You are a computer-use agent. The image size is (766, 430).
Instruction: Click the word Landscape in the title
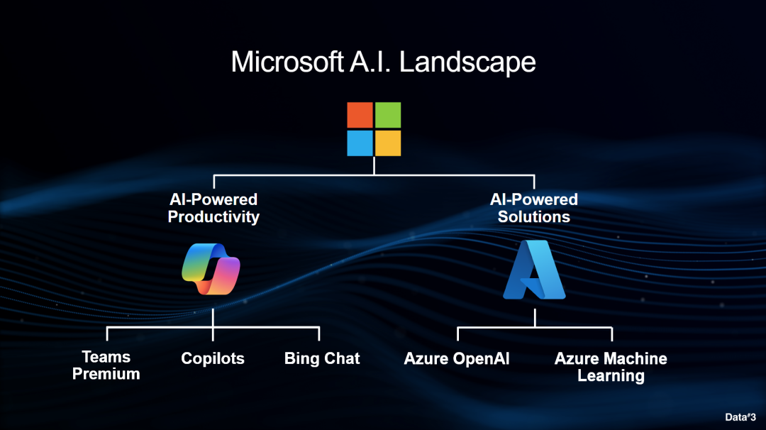tap(467, 62)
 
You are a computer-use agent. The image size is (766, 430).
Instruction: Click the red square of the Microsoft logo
tap(360, 115)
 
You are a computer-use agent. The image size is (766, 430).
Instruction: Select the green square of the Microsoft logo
tap(388, 115)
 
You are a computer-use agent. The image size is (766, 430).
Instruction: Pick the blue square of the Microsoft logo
tap(360, 143)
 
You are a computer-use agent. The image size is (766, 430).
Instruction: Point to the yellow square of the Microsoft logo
tap(388, 143)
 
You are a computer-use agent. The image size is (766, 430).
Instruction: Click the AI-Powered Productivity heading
tap(213, 208)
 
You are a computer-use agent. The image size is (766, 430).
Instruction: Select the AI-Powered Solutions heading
tap(534, 208)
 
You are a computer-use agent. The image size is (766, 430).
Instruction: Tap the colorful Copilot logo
tap(212, 269)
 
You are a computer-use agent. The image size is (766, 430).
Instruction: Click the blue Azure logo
tap(534, 270)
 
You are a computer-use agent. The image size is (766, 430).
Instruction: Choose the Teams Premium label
tap(106, 365)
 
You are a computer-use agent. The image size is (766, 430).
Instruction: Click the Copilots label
tap(213, 358)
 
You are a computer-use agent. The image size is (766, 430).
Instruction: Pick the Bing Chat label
tap(322, 358)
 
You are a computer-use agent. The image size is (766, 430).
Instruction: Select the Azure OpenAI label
tap(457, 358)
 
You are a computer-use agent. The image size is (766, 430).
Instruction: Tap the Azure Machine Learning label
tap(611, 367)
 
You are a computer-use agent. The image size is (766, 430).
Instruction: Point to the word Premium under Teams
tap(106, 374)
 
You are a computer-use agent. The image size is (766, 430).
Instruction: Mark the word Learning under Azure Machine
tap(611, 376)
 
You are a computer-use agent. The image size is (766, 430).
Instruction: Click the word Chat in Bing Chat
tap(342, 358)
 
